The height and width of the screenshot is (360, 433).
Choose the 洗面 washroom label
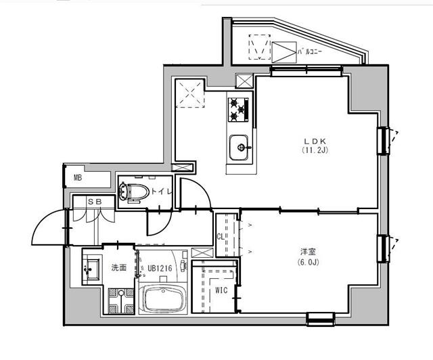119,268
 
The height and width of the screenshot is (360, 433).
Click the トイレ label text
161,192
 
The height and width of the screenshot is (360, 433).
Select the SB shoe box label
94,201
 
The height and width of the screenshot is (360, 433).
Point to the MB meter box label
78,178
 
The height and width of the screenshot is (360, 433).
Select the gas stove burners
237,108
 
